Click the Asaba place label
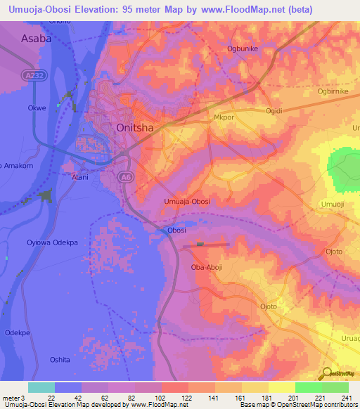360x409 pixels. click(37, 39)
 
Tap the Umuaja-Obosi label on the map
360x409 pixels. click(187, 202)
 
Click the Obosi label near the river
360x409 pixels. click(177, 231)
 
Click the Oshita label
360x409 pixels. click(60, 359)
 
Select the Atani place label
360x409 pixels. click(80, 177)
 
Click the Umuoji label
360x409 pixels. click(332, 203)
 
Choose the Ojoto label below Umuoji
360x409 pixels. click(334, 251)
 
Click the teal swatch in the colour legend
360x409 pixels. click(41, 387)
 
